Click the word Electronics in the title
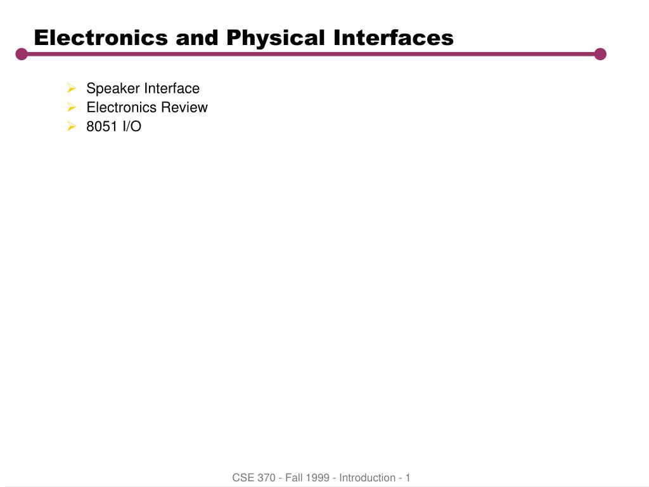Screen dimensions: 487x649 click(x=101, y=37)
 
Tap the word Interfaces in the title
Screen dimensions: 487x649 click(x=394, y=37)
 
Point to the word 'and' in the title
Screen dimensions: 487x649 click(x=197, y=37)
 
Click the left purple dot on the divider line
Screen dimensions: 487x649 click(x=22, y=54)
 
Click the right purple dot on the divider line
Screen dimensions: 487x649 click(x=600, y=54)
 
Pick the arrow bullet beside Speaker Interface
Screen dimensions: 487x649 click(x=72, y=88)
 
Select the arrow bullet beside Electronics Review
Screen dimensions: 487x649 click(x=72, y=107)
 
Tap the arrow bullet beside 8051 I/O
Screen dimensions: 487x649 click(x=72, y=126)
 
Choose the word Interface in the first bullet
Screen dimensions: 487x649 click(x=172, y=88)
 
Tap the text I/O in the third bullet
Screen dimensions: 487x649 click(x=132, y=126)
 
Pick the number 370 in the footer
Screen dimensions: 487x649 click(x=266, y=477)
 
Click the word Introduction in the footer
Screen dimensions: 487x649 click(x=367, y=477)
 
